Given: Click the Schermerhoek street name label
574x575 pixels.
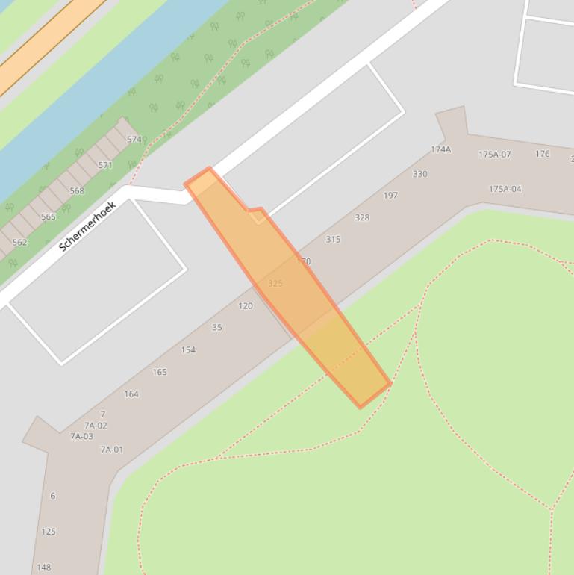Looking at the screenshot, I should (88, 226).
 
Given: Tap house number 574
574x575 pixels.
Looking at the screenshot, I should (134, 140).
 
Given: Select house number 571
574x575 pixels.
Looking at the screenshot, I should (105, 165).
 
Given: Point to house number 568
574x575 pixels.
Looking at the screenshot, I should (77, 191).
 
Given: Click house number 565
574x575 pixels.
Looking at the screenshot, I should (49, 217).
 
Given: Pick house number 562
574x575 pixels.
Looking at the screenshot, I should (20, 243).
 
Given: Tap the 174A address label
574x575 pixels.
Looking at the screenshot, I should (440, 149).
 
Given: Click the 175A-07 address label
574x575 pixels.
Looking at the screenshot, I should (494, 155).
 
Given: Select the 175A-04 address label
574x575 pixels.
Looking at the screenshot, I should (505, 189).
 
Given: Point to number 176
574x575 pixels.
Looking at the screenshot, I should (543, 154).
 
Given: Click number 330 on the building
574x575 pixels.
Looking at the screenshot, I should (420, 174).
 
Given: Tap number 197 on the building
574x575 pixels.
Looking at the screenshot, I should (390, 196).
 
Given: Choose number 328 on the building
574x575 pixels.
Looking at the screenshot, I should (362, 217).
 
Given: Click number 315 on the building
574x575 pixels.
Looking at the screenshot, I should (333, 240).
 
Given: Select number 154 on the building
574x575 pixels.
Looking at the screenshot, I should (188, 350).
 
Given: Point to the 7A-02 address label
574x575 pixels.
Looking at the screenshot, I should (96, 426).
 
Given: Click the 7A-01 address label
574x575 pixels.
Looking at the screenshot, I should (112, 450).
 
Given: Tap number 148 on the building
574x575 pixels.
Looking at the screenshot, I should (44, 568).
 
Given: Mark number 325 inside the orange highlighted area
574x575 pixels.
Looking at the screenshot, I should (275, 284).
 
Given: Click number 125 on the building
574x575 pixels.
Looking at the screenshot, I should (49, 532).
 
